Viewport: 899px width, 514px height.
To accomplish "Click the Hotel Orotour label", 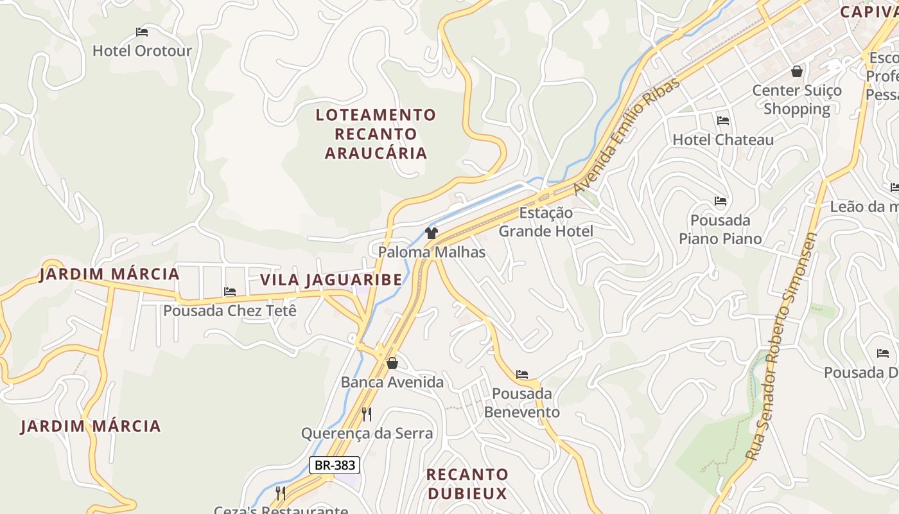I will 142,51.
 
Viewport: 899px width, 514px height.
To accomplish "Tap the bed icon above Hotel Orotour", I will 142,31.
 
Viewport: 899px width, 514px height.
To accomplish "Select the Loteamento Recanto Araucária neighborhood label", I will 376,134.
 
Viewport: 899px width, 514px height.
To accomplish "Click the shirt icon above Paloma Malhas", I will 431,233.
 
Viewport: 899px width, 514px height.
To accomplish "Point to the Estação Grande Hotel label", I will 546,222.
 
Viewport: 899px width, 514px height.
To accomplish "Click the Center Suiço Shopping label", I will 796,100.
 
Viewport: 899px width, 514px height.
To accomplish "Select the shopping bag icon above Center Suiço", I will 797,71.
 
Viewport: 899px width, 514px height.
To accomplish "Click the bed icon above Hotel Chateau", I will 723,121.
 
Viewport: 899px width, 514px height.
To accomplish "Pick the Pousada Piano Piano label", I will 720,229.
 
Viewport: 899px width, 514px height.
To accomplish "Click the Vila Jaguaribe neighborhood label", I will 331,280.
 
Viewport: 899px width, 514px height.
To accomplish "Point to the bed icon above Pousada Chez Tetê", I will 230,292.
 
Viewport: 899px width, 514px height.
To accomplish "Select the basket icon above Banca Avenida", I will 392,364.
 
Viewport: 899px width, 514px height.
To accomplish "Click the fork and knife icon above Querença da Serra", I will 367,414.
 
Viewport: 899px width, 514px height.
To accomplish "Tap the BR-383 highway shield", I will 334,465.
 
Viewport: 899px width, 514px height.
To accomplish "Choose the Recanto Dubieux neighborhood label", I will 467,484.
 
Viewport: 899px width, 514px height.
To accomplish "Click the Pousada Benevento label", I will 522,403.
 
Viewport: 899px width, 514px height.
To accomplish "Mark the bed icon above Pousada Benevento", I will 522,375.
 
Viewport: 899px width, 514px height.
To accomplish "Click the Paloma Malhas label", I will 432,252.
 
